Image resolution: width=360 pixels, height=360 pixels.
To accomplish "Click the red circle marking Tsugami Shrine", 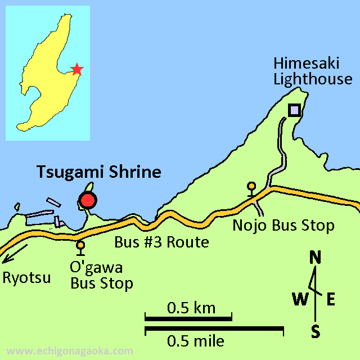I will point(88,200).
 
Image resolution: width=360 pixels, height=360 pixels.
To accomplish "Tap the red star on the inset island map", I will point(77,69).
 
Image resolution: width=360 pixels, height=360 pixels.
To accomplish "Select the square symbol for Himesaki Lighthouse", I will point(294,110).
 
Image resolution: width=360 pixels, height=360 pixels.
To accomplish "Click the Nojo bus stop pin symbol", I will point(251,186).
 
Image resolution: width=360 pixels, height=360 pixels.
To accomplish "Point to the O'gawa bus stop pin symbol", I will point(81,245).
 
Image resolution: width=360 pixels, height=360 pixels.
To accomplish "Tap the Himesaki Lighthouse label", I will point(312,71).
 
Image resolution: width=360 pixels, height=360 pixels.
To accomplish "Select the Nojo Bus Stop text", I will point(284,226).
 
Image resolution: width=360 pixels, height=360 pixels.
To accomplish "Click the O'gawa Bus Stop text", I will point(102,275).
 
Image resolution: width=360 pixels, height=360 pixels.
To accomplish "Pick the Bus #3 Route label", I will point(162,243).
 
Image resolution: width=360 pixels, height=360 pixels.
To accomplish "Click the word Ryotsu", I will point(26,277).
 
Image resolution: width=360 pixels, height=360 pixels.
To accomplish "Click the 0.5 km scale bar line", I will point(188,318).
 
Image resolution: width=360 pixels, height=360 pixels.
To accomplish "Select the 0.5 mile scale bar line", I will point(214,328).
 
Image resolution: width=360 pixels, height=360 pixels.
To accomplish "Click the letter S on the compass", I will point(316,332).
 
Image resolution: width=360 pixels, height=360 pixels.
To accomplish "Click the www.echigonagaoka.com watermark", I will point(70,351).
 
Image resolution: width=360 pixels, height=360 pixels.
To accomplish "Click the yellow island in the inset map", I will point(45,73).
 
